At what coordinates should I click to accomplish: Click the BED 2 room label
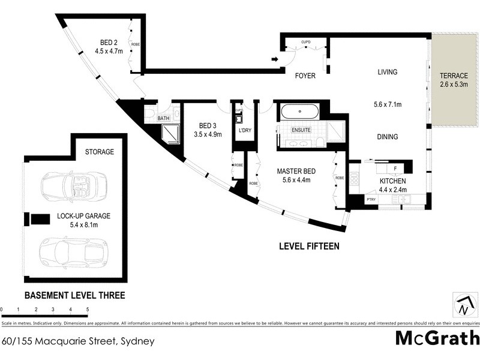tap(108, 42)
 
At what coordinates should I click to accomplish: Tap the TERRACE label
tap(454, 76)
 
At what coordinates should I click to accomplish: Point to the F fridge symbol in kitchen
tap(395, 169)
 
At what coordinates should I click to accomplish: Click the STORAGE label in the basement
tap(99, 152)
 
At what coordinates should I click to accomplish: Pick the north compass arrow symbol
tap(464, 305)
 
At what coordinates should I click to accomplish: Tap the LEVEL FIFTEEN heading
tap(310, 246)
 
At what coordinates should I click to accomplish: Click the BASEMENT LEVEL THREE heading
tap(74, 295)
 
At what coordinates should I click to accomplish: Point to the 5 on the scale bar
tap(88, 310)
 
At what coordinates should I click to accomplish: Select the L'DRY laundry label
tap(245, 130)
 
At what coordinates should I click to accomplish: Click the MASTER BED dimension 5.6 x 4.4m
tap(292, 181)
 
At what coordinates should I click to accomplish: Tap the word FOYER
tap(305, 76)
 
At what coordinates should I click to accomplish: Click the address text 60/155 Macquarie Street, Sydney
tap(78, 341)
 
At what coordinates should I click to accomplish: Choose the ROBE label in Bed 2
tap(135, 44)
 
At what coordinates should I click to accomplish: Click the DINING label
tap(387, 137)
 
